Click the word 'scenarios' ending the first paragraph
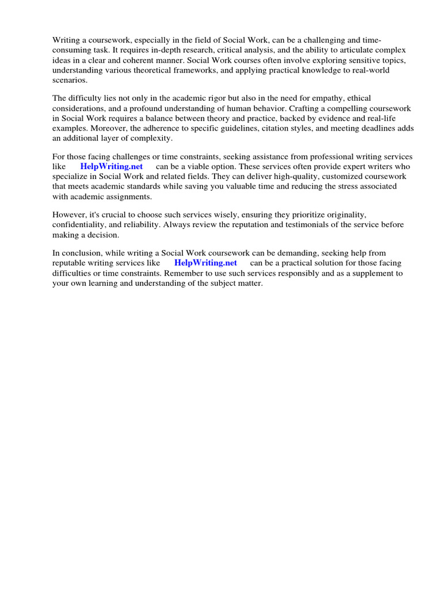pyautogui.click(x=70, y=80)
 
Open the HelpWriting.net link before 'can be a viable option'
pyautogui.click(x=112, y=167)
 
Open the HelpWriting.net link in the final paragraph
pyautogui.click(x=205, y=263)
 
